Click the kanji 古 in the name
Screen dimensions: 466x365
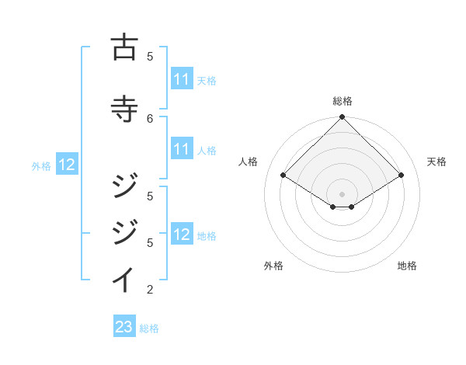125,47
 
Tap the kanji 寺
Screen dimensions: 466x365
125,109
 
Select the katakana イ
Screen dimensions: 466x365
125,280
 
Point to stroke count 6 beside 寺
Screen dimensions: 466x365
150,118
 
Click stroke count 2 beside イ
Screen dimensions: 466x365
150,290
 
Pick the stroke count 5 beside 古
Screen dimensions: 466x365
150,56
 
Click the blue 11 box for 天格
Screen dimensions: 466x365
182,80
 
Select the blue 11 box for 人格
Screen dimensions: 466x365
182,150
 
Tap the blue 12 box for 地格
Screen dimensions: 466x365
182,235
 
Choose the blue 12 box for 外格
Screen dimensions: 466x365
67,165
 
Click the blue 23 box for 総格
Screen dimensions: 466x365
124,328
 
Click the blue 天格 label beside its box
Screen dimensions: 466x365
207,81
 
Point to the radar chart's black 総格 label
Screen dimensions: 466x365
342,102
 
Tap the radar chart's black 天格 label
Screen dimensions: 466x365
437,162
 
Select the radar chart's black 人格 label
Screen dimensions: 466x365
249,162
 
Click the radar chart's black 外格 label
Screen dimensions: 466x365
273,266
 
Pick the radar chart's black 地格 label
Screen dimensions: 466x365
407,266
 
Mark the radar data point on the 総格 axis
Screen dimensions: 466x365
342,118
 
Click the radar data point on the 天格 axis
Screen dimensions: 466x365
402,176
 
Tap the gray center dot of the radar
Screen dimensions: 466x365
342,193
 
